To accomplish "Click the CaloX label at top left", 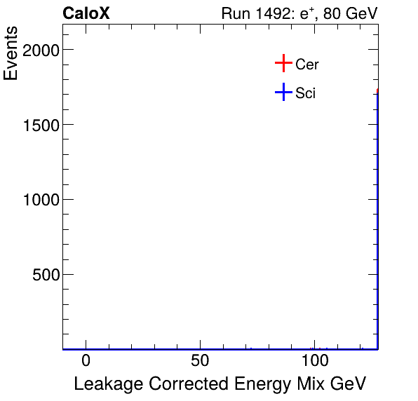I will tap(86, 13).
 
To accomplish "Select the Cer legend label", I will tap(307, 64).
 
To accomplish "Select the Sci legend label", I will tap(306, 93).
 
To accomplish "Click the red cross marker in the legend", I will tap(283, 64).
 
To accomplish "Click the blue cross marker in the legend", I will tap(283, 92).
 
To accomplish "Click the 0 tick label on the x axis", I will tap(86, 361).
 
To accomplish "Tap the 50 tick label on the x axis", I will tap(201, 361).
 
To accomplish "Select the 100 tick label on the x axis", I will tap(316, 361).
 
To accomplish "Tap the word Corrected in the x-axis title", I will tap(182, 384).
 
